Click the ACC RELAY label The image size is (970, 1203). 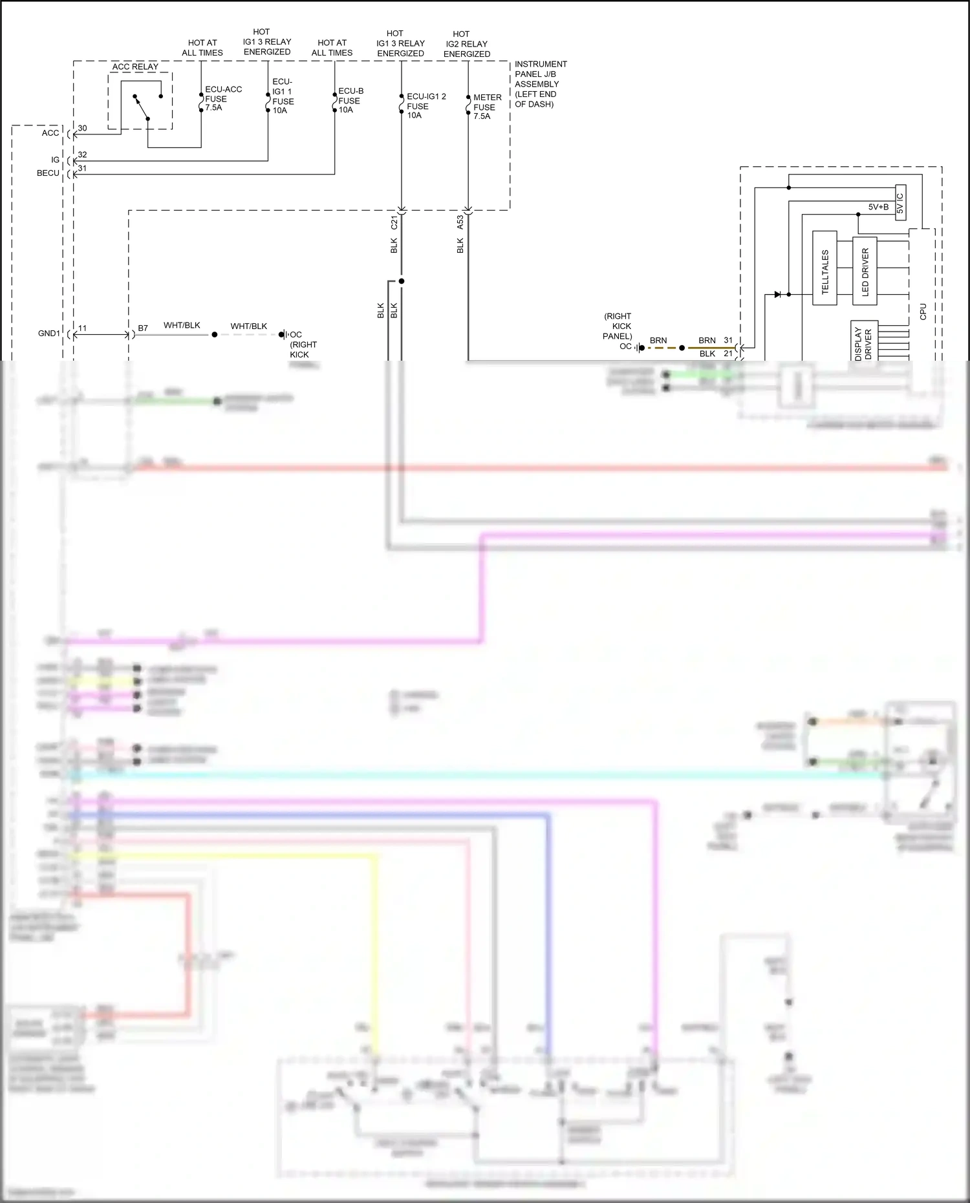[x=135, y=67]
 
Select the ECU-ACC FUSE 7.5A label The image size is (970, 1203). [x=222, y=98]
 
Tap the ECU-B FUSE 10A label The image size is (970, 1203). [x=350, y=100]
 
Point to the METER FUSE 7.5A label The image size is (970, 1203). [x=486, y=107]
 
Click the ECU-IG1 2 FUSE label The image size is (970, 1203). [x=425, y=105]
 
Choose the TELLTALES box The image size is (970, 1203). [x=824, y=268]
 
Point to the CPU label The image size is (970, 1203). [x=923, y=312]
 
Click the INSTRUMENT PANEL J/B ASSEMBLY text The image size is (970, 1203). [x=540, y=84]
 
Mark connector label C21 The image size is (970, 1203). [x=394, y=223]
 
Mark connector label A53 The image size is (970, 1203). [x=460, y=222]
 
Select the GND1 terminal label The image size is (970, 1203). [x=49, y=334]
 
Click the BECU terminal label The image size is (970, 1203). [x=48, y=173]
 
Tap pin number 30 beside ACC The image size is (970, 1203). [x=82, y=128]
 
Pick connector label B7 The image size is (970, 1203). [x=143, y=328]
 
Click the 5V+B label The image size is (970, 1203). [x=878, y=207]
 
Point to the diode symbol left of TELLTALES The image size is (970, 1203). [x=778, y=294]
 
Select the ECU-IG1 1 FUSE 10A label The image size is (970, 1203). [x=283, y=96]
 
